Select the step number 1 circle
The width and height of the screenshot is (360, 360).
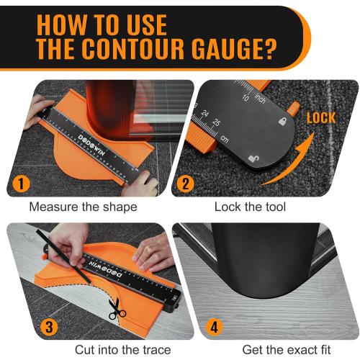coord(22,184)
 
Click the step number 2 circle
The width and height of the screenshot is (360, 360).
coord(186,184)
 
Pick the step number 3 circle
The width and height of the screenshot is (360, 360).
coord(48,326)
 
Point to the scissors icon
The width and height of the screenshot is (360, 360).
coord(117,312)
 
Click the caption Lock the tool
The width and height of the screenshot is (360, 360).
coord(250,207)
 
